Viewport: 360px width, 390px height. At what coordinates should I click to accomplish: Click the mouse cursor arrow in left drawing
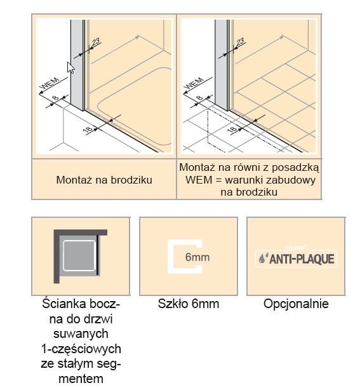pyautogui.click(x=71, y=67)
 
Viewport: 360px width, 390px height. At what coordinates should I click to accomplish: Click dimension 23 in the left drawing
pyautogui.click(x=95, y=43)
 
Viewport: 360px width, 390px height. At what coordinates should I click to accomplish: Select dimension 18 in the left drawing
pyautogui.click(x=88, y=129)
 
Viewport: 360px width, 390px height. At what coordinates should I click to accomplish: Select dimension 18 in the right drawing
pyautogui.click(x=232, y=129)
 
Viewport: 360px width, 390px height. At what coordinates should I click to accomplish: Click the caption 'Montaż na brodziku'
pyautogui.click(x=103, y=180)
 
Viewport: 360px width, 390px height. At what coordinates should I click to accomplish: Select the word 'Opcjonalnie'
pyautogui.click(x=296, y=304)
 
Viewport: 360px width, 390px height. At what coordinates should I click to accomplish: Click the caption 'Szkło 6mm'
pyautogui.click(x=188, y=304)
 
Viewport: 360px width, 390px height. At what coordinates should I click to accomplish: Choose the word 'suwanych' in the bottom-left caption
pyautogui.click(x=80, y=333)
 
